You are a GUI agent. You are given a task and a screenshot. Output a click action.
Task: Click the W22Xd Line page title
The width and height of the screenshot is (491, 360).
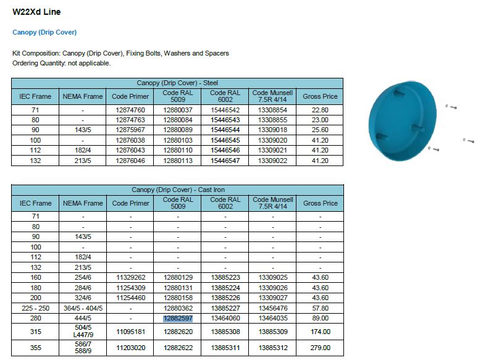(x=36, y=12)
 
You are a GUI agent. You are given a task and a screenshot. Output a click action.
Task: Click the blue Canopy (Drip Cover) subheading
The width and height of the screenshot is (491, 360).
(x=44, y=32)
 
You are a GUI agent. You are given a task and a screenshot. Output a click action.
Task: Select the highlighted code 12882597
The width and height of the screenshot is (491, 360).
(x=178, y=319)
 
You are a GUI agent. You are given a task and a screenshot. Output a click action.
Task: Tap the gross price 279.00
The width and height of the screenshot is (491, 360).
(x=321, y=348)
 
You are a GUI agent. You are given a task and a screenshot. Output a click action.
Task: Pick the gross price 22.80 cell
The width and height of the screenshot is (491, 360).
(x=321, y=110)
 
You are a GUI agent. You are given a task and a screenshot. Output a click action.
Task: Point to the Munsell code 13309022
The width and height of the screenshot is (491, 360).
(x=272, y=160)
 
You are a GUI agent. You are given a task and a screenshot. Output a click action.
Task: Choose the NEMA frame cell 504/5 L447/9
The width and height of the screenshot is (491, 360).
(x=83, y=332)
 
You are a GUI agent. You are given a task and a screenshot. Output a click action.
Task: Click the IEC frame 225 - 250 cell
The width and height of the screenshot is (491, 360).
(x=35, y=308)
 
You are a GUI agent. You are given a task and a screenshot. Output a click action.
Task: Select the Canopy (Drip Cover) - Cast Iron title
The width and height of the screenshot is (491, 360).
(x=178, y=190)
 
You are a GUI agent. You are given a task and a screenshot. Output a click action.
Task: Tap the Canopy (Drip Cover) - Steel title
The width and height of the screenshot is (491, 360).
(x=178, y=83)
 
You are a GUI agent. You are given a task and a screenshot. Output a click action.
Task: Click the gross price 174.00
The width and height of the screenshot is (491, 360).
(x=321, y=332)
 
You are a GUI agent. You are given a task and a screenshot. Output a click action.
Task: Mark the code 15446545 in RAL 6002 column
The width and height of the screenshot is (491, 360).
(x=225, y=140)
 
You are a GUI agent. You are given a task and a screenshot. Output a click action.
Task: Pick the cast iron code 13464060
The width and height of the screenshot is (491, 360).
(x=225, y=319)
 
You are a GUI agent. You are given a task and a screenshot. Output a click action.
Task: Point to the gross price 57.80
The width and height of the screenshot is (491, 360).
(x=321, y=308)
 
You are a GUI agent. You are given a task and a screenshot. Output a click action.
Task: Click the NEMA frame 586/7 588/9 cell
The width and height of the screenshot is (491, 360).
(x=83, y=348)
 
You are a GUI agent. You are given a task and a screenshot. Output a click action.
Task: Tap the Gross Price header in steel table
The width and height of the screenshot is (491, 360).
(x=321, y=96)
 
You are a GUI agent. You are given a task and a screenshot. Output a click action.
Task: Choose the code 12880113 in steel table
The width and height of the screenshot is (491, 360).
(x=178, y=160)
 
